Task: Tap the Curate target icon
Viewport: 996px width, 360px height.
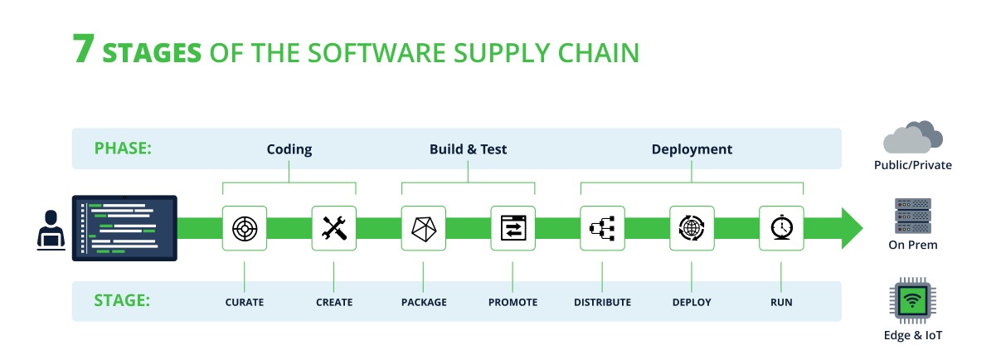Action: click(245, 228)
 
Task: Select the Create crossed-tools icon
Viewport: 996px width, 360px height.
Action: click(333, 228)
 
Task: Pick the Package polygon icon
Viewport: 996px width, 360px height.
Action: click(423, 228)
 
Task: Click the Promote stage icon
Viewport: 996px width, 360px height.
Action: click(513, 228)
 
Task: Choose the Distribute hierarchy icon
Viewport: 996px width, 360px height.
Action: click(602, 228)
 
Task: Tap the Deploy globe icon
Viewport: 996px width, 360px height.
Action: click(692, 228)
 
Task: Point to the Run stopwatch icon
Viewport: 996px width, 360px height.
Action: click(781, 228)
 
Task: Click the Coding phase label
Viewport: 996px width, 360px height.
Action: click(289, 149)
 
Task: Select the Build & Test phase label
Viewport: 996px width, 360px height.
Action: click(468, 149)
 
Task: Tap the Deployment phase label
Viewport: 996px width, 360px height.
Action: click(692, 149)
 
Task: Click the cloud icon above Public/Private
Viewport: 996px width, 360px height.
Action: click(913, 136)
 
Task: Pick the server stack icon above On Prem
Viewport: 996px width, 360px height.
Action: click(912, 216)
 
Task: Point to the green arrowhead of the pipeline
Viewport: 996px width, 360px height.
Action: click(851, 228)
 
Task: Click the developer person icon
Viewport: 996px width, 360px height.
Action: click(51, 230)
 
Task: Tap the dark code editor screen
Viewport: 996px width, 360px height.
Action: click(124, 228)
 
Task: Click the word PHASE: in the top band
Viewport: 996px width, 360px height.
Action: click(123, 149)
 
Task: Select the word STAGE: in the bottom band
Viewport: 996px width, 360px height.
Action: click(122, 300)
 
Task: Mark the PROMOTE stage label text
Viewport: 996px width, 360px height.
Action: click(513, 302)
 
